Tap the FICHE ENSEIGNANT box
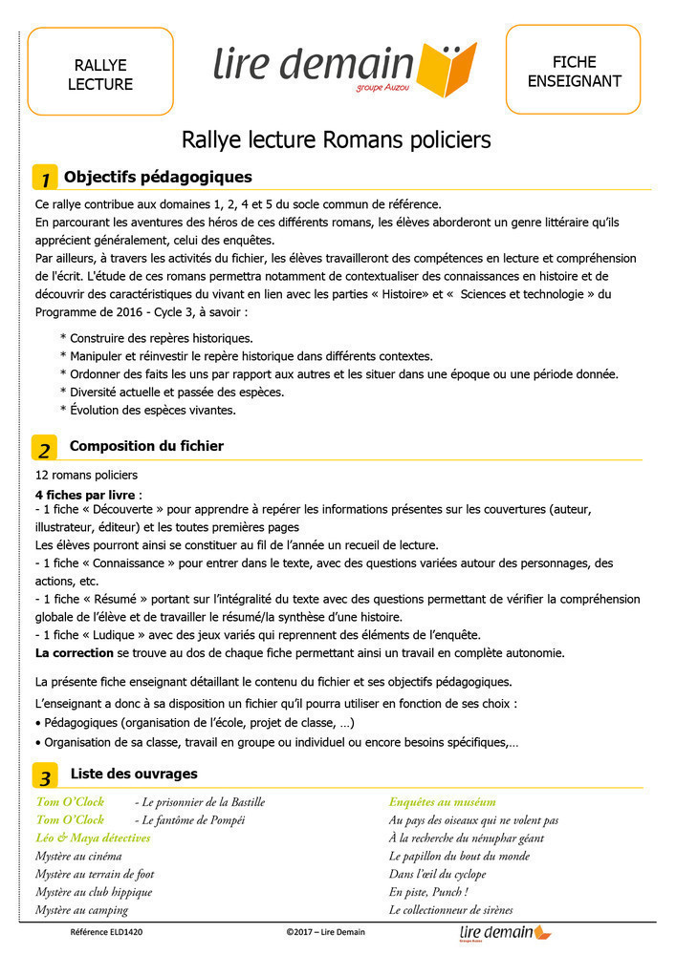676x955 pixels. [573, 72]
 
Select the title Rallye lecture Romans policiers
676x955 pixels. [337, 140]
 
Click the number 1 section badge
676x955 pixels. [45, 179]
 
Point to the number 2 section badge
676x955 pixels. [45, 448]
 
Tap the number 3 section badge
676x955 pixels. [45, 775]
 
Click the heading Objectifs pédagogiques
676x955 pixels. [158, 177]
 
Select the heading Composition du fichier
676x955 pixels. [146, 446]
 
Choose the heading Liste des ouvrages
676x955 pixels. [134, 773]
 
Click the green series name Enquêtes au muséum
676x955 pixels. [442, 802]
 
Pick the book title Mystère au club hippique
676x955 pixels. [94, 892]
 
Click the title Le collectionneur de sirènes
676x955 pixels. [450, 910]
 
